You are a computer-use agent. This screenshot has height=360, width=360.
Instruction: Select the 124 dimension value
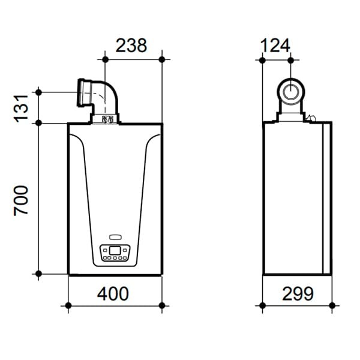275,45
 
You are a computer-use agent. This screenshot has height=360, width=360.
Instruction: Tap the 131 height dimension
22,108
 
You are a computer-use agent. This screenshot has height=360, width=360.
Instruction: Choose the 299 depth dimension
297,293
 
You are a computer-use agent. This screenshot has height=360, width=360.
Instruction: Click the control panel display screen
114,250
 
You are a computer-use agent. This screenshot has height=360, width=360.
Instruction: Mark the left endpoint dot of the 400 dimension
68,305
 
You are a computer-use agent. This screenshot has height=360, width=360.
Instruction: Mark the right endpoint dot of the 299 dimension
332,305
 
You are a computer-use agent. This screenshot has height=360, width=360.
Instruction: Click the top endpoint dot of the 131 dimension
38,92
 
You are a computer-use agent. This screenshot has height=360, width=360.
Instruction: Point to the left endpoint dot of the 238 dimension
105,59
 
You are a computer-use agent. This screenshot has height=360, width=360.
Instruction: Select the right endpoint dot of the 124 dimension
291,59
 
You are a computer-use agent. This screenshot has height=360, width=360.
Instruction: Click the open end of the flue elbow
80,93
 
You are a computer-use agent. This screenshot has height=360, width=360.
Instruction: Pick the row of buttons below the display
114,259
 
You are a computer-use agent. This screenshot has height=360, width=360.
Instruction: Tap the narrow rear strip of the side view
328,198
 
